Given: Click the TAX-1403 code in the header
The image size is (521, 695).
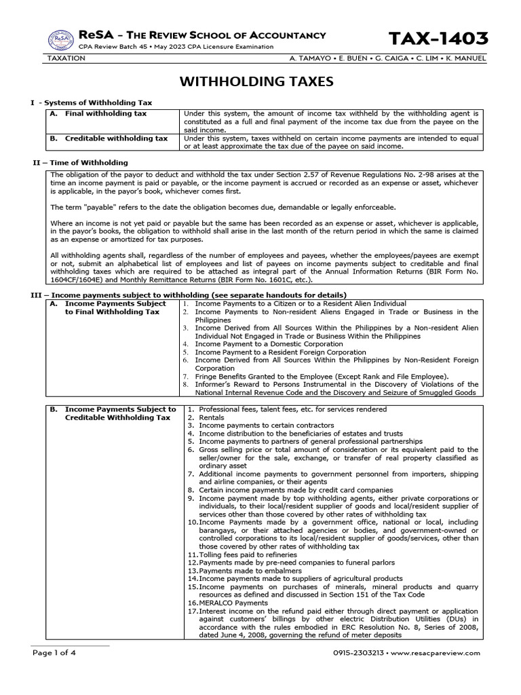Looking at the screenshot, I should [438, 39].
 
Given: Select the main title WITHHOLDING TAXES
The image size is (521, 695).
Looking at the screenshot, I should [256, 82].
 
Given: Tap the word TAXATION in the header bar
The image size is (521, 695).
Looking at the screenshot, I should [66, 58].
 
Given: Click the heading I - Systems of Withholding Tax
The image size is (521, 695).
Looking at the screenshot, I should [90, 102].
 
